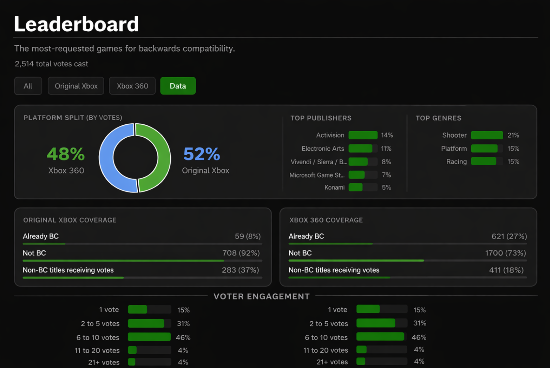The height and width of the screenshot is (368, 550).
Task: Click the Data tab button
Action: point(178,86)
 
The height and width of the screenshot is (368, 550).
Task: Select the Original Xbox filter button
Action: point(76,86)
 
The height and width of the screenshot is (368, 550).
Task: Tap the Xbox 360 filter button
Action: point(132,86)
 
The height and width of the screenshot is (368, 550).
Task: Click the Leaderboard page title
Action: point(76,24)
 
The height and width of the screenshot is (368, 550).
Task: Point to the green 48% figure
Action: point(66,154)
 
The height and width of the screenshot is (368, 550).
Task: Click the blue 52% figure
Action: point(202,154)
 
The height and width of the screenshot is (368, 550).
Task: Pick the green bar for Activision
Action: point(363,135)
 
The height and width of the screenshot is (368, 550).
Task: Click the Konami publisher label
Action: point(334,187)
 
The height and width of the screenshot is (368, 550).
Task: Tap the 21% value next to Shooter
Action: point(513,135)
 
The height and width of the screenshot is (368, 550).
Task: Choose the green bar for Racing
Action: point(483,162)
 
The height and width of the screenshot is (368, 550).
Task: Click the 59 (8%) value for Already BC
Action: point(247,236)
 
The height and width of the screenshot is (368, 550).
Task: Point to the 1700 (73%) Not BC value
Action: point(505,253)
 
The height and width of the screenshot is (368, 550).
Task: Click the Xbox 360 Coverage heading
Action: point(326,220)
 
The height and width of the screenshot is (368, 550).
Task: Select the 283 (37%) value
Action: point(240,270)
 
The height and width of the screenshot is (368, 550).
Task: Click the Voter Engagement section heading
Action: point(261,296)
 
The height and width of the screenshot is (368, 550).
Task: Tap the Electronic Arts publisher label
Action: point(323,149)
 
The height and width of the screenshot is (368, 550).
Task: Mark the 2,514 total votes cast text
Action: point(51,64)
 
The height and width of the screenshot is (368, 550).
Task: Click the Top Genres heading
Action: point(438,118)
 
